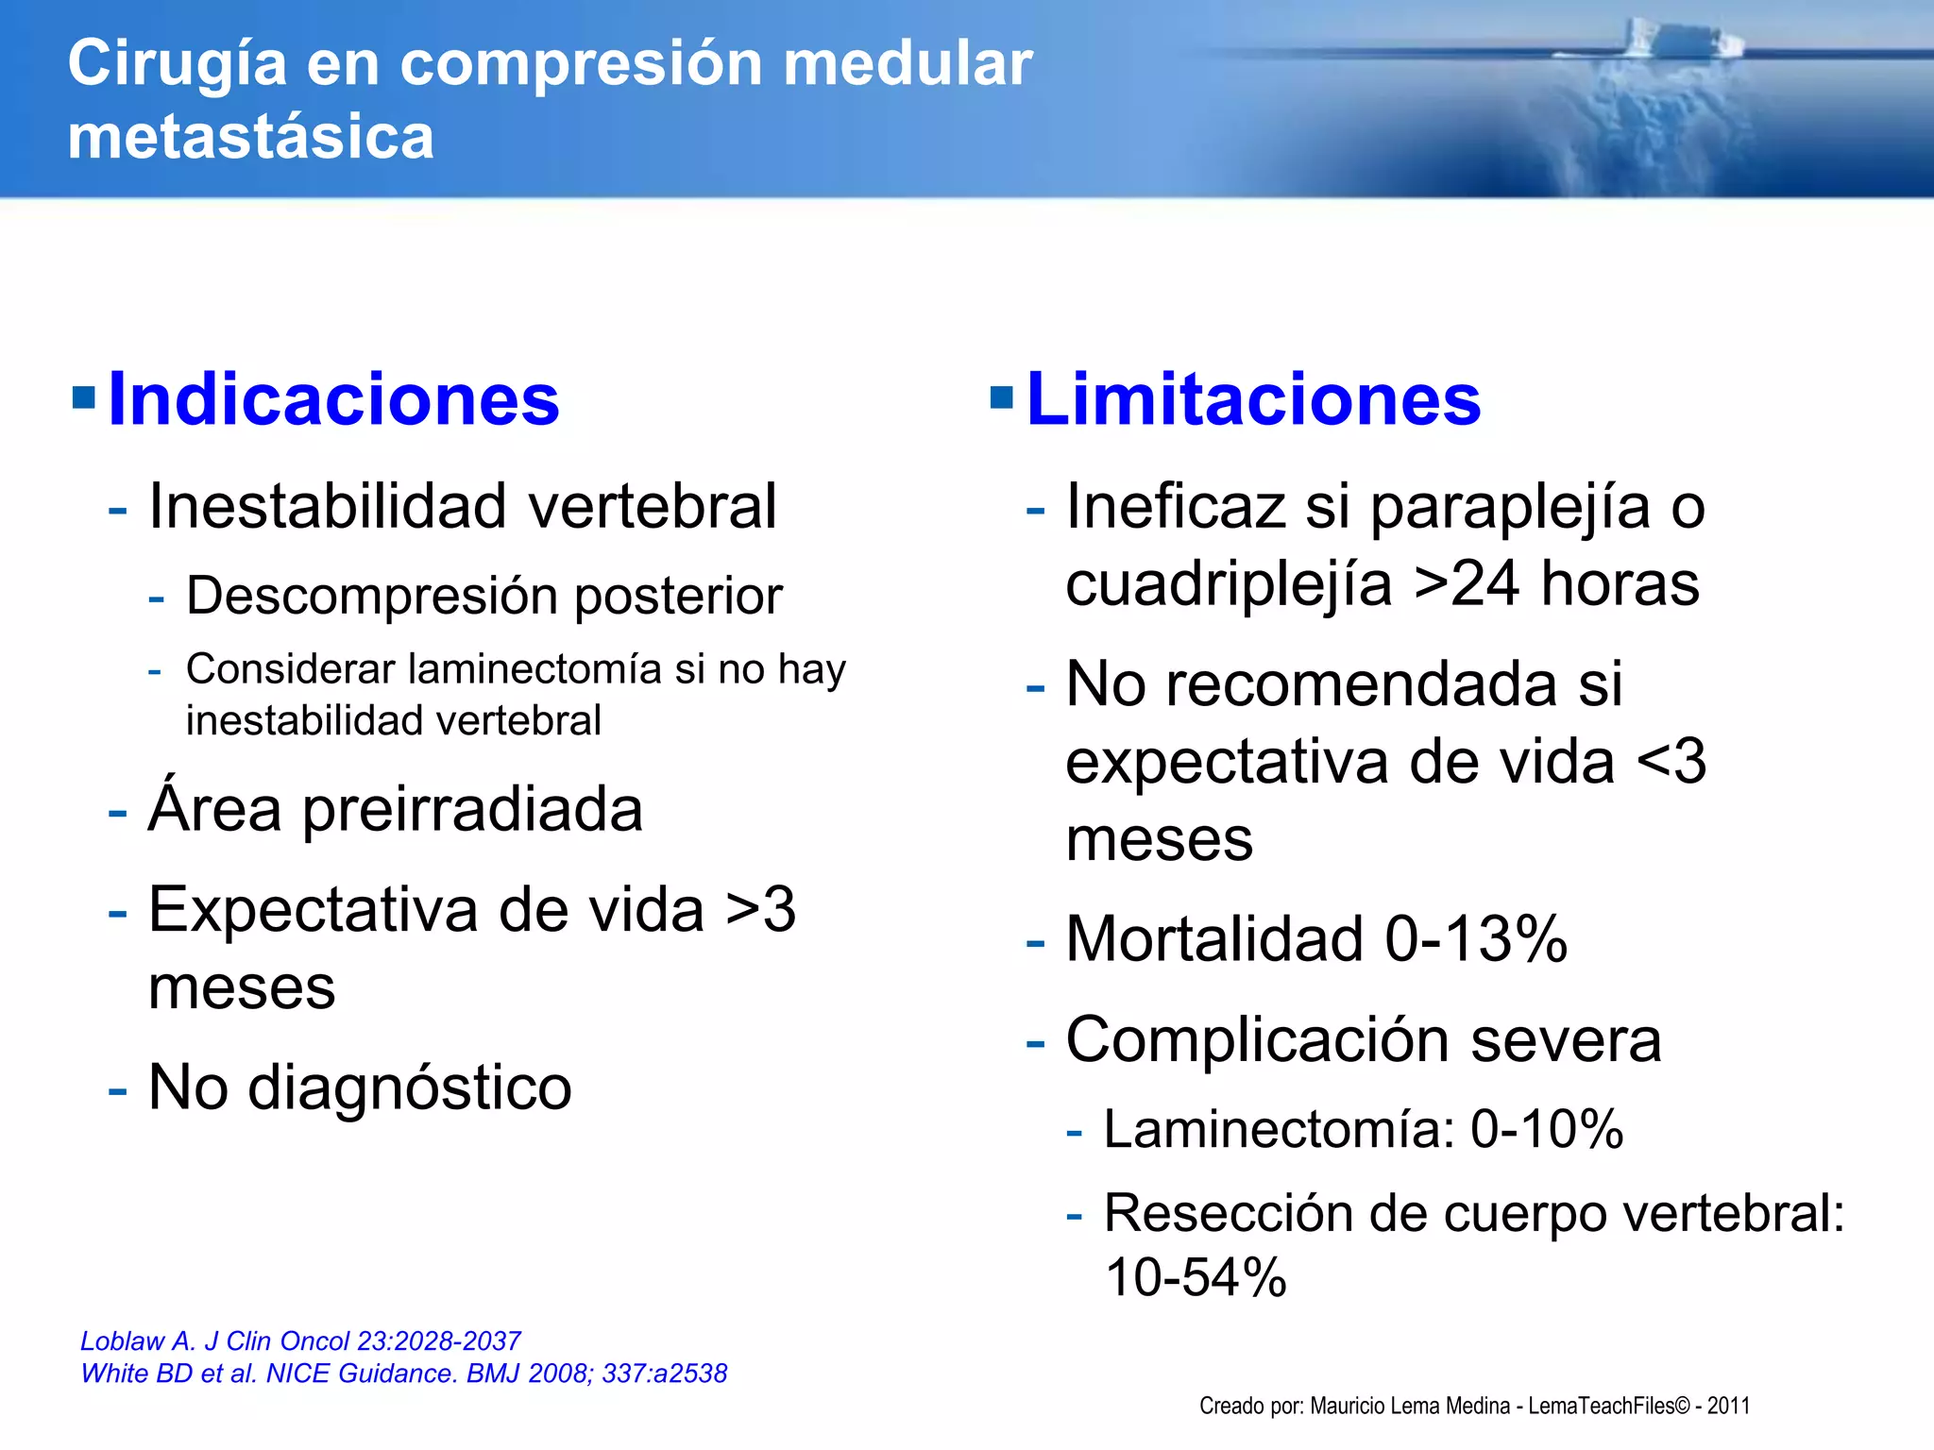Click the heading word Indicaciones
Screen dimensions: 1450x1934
point(333,399)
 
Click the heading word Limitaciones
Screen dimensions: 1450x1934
point(1253,399)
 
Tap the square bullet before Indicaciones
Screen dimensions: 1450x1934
point(84,397)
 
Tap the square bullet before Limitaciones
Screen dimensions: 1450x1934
point(1002,397)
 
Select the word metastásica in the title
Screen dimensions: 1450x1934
point(250,137)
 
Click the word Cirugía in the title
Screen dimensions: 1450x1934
point(177,63)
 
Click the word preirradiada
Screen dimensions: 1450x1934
point(472,810)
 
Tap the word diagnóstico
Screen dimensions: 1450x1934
point(408,1087)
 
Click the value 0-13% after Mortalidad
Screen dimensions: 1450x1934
point(1475,939)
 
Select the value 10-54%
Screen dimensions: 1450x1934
point(1196,1278)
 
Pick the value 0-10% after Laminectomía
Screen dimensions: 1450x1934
point(1547,1129)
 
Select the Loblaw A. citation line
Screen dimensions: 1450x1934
point(300,1340)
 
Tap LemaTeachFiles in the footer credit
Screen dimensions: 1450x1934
point(1602,1406)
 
